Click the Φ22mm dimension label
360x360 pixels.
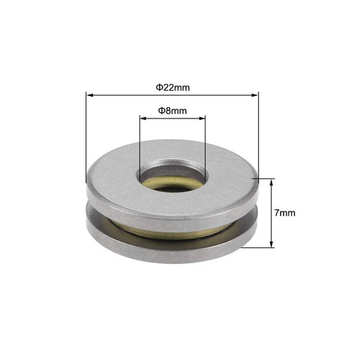(172, 87)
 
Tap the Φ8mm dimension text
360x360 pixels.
(172, 110)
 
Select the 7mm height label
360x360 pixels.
(285, 214)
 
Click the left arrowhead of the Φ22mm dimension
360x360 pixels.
(90, 94)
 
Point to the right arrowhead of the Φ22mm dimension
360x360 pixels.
(255, 94)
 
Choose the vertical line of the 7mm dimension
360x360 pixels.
(271, 214)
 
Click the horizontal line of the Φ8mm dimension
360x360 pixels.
(172, 118)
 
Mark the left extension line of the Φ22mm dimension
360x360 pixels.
(87, 135)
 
